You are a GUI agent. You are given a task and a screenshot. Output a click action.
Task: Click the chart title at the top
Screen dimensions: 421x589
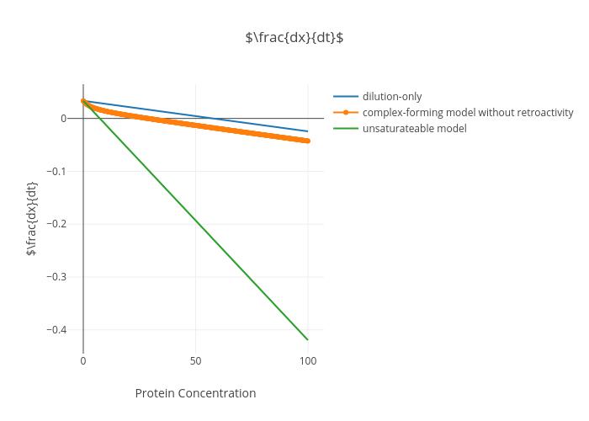(294, 38)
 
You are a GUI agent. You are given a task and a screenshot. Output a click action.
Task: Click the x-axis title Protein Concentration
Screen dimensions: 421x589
(195, 393)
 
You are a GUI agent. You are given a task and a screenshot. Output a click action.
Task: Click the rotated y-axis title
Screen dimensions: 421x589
(32, 219)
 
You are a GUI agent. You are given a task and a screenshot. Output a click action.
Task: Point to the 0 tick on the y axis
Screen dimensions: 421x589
(63, 119)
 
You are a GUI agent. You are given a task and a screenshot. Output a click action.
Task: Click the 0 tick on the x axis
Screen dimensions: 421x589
(83, 361)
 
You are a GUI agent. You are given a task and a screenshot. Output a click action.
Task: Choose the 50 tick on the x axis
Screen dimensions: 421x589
(195, 361)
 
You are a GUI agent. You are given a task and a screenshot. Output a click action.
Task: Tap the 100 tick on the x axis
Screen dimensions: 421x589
(308, 361)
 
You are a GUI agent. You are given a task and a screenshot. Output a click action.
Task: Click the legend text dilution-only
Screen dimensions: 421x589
(392, 96)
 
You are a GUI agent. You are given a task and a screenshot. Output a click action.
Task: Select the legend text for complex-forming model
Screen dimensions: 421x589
(468, 112)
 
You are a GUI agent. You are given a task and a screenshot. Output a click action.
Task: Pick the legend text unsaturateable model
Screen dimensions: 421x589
(414, 128)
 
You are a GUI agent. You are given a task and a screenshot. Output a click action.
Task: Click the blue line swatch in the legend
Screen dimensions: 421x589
(346, 96)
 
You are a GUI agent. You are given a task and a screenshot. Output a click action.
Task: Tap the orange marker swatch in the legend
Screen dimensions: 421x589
(346, 112)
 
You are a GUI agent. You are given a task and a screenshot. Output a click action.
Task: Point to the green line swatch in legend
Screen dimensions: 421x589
(346, 128)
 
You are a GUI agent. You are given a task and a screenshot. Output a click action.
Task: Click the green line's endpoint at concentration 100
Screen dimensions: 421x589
(308, 339)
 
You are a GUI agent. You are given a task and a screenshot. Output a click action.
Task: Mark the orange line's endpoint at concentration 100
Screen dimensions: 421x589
(308, 141)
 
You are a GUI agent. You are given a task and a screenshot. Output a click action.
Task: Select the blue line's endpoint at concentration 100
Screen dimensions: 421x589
(308, 131)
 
